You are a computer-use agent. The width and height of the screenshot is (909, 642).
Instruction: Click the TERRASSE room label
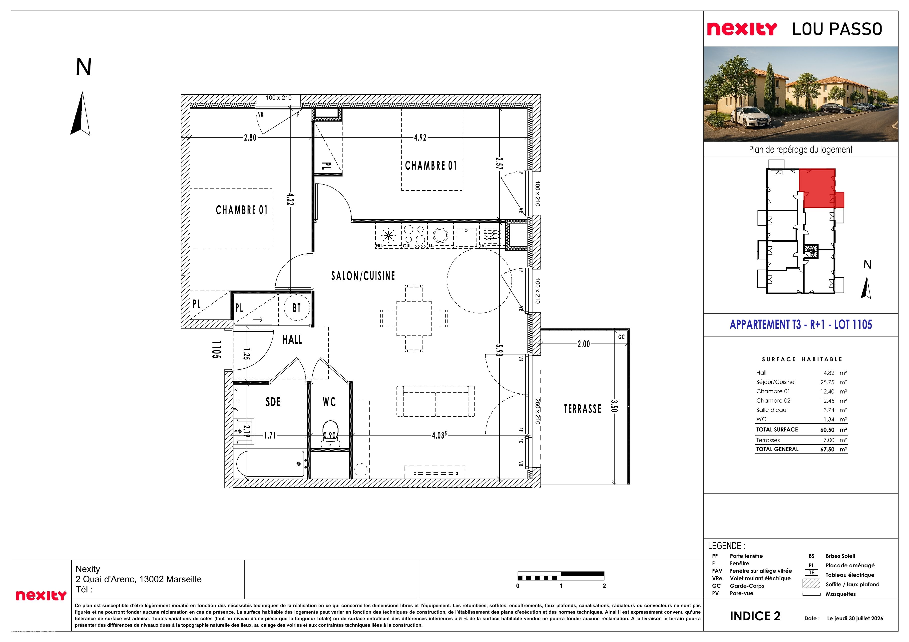[582, 409]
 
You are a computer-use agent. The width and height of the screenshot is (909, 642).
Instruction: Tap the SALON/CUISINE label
[363, 276]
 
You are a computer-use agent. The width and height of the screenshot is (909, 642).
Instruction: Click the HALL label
[292, 339]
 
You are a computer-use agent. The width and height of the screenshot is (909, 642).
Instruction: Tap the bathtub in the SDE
[270, 464]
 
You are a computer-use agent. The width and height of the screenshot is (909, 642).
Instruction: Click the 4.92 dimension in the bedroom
[420, 137]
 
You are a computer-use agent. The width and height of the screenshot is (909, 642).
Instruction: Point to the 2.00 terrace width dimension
[584, 344]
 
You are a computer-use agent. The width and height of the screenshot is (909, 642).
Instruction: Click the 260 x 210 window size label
[537, 411]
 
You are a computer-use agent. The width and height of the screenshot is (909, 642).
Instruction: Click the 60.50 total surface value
[827, 430]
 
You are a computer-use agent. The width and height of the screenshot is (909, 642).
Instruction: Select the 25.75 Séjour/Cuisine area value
[827, 382]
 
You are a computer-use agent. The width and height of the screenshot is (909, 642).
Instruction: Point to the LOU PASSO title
[837, 29]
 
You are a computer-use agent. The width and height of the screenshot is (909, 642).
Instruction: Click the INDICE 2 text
[755, 616]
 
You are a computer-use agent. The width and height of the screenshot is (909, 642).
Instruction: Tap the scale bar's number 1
[561, 586]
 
